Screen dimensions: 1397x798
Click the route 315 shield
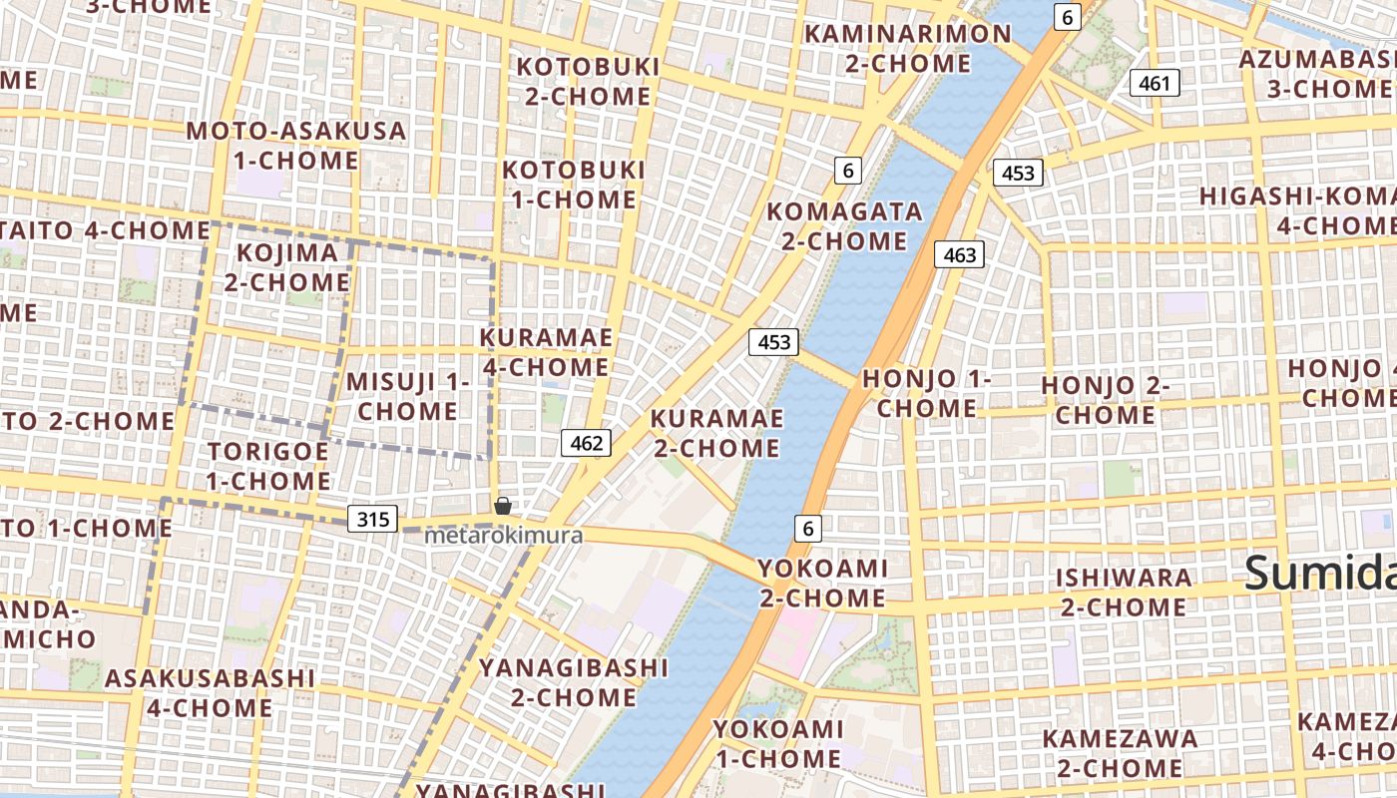(x=373, y=519)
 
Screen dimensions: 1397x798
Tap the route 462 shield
(x=586, y=443)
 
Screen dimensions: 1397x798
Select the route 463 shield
(x=960, y=255)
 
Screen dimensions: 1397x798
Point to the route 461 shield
(x=1155, y=83)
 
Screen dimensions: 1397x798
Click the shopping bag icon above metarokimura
(x=503, y=506)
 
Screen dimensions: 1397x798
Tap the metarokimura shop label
(x=503, y=536)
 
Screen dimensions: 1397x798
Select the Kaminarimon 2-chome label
(x=907, y=48)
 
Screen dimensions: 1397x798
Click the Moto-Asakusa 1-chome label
(x=296, y=146)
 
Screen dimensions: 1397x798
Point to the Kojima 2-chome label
(x=286, y=267)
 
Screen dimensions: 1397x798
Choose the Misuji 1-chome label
(x=408, y=396)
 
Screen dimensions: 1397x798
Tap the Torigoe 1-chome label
(x=268, y=466)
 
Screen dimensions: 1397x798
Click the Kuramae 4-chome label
(x=546, y=352)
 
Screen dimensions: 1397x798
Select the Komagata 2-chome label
(x=837, y=226)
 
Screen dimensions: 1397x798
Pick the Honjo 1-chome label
(x=927, y=393)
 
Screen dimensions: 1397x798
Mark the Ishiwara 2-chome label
(x=1123, y=592)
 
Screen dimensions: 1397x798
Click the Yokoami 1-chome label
(x=777, y=744)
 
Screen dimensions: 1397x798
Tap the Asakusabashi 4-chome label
(x=210, y=693)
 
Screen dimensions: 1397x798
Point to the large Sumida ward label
(x=1319, y=575)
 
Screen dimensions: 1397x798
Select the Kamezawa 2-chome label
(x=1120, y=753)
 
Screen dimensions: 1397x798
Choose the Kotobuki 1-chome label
(x=574, y=185)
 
